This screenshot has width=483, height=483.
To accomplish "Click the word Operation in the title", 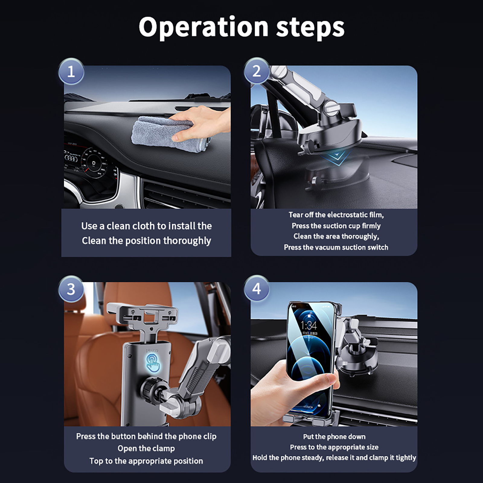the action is pos(203,27).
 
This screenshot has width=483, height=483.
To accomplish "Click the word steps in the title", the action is pos(310,27).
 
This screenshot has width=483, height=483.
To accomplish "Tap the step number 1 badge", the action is pos(71,72).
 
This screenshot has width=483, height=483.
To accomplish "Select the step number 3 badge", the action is pos(71,289).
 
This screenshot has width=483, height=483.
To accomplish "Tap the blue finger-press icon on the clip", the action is pos(153,364).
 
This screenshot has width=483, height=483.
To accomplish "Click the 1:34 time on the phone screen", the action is pos(309,325).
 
